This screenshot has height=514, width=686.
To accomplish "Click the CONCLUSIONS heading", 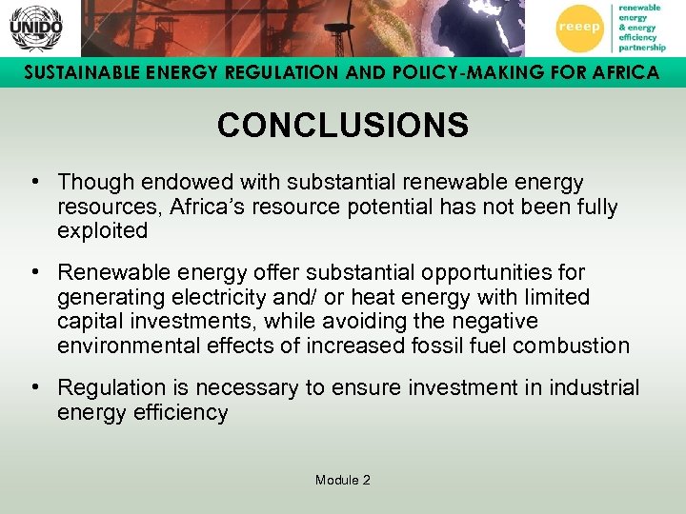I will click(342, 126).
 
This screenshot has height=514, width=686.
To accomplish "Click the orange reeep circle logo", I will click(579, 29).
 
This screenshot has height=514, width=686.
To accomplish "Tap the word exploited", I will click(103, 230).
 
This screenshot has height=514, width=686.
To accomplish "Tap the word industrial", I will click(596, 387).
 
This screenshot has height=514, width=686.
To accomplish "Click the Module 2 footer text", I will click(342, 480).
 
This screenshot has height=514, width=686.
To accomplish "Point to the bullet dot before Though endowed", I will click(33, 181).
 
